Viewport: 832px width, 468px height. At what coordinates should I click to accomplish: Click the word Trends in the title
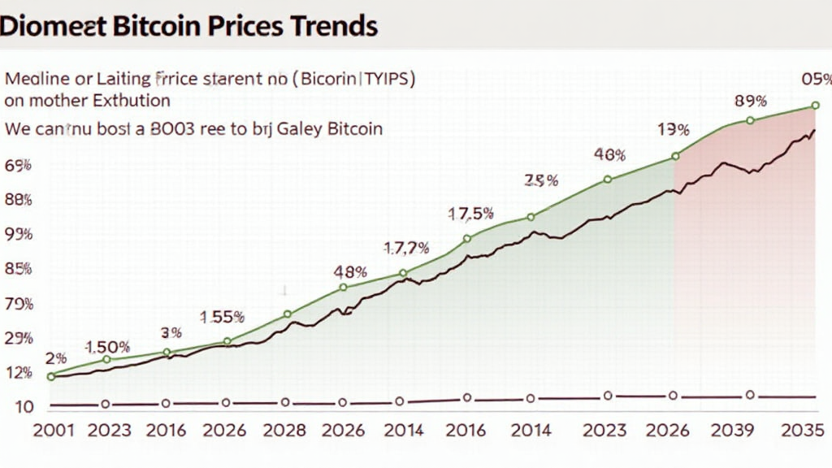click(x=332, y=25)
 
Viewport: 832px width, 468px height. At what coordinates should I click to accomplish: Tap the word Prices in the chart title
click(x=243, y=25)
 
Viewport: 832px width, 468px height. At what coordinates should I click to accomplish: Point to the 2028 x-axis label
click(x=285, y=431)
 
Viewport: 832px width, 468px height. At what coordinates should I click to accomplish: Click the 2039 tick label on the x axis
click(x=731, y=431)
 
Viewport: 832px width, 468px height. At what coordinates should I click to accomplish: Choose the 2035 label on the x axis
click(x=804, y=431)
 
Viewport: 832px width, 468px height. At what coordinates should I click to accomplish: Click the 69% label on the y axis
click(x=18, y=166)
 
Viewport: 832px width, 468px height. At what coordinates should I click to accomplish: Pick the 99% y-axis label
click(x=18, y=234)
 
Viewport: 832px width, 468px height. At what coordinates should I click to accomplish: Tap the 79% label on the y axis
click(x=18, y=305)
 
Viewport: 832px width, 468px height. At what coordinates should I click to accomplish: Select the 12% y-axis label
click(x=18, y=373)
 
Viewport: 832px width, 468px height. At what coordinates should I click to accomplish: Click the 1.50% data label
click(x=107, y=347)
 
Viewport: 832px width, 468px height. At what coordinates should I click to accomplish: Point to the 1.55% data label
click(x=223, y=318)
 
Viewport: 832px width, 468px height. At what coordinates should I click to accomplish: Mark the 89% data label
click(x=750, y=102)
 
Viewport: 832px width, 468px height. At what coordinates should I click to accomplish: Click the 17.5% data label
click(x=471, y=214)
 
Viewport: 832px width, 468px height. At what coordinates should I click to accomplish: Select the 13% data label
click(x=674, y=130)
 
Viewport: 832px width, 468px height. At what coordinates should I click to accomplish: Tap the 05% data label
click(x=816, y=80)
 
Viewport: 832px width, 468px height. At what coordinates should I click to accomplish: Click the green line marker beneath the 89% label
click(x=750, y=120)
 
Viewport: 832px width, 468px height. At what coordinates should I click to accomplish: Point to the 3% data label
click(x=171, y=332)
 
